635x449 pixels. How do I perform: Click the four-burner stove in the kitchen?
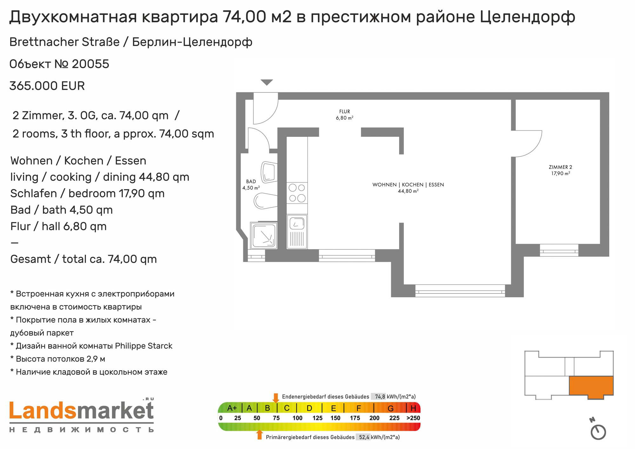pos(297,193)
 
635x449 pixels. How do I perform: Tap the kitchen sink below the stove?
pos(297,231)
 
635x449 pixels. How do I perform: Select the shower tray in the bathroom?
pos(264,235)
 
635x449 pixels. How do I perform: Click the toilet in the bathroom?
pos(265,201)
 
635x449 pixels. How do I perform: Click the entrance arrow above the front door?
pos(267,83)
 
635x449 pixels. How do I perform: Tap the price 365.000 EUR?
pos(47,86)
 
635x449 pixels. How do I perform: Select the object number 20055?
pos(90,64)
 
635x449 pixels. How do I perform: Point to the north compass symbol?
pos(598,429)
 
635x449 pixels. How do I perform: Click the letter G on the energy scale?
pos(391,408)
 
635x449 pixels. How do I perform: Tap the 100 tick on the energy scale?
pos(297,418)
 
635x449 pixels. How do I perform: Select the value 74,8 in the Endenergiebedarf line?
pos(380,397)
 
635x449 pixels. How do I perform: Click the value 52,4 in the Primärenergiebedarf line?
pos(364,437)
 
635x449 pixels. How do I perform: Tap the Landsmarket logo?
pos(82,416)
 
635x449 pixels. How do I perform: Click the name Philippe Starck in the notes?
pos(144,346)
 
